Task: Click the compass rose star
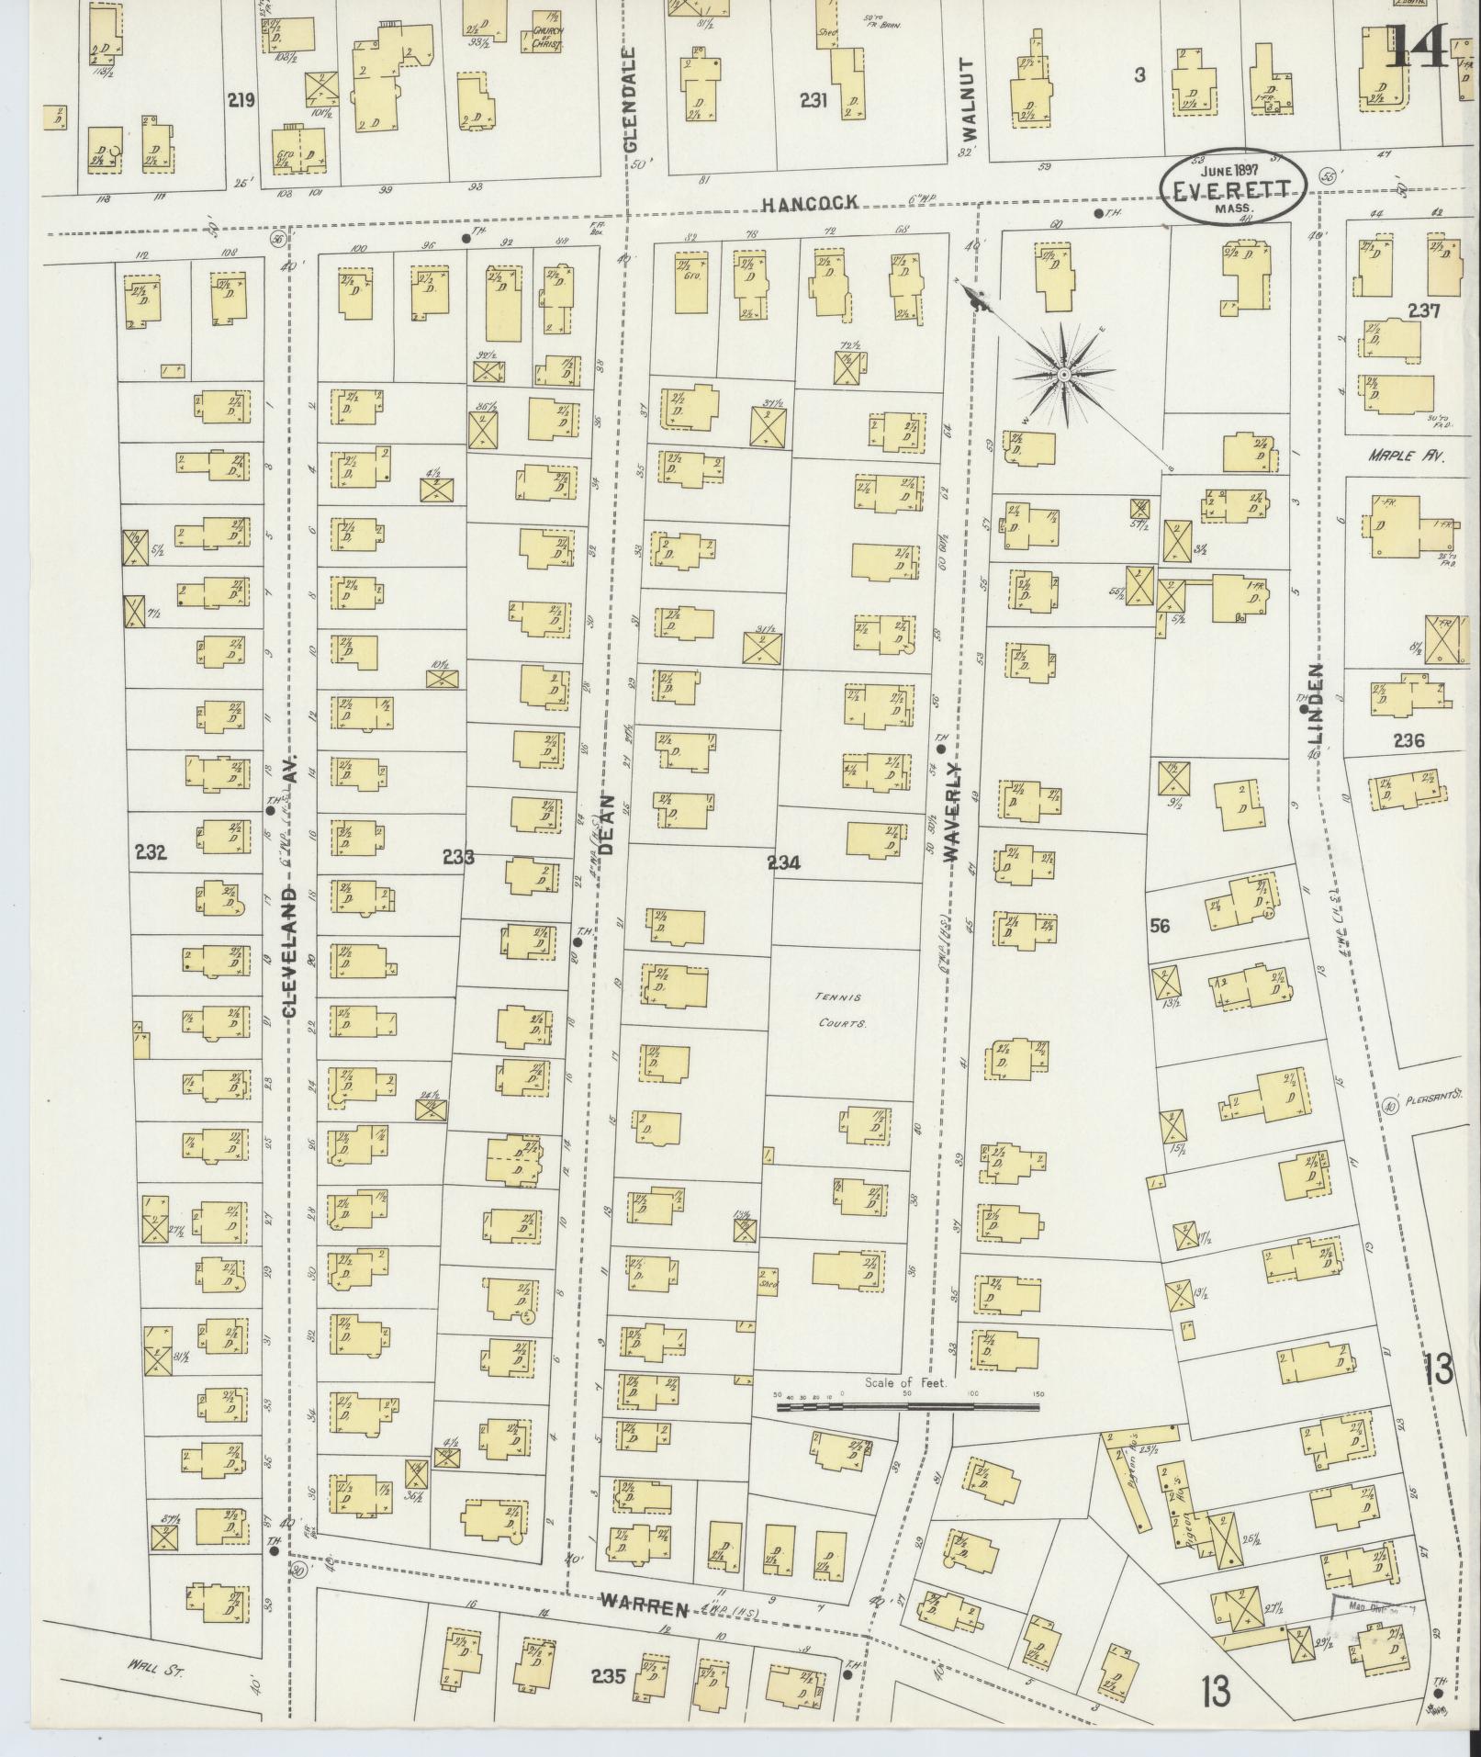pyautogui.click(x=1063, y=375)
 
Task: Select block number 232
pyautogui.click(x=150, y=852)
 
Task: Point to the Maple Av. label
pyautogui.click(x=1405, y=455)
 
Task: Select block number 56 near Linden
pyautogui.click(x=1160, y=927)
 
